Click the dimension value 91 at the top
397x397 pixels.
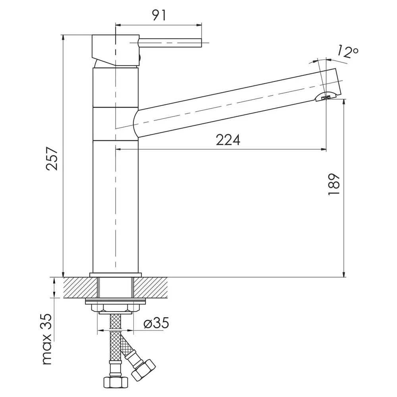coord(159,15)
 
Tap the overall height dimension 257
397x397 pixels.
coord(52,159)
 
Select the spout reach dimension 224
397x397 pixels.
coord(228,140)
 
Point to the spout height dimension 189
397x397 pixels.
coord(333,184)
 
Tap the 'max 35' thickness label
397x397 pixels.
coord(47,339)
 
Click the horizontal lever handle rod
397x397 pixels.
coord(170,42)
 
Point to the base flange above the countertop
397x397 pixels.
coord(116,275)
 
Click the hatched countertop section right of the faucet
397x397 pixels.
coord(150,287)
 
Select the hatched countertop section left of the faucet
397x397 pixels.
coord(81,287)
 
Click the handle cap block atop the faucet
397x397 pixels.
coord(116,50)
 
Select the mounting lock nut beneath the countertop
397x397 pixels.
coord(116,308)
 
